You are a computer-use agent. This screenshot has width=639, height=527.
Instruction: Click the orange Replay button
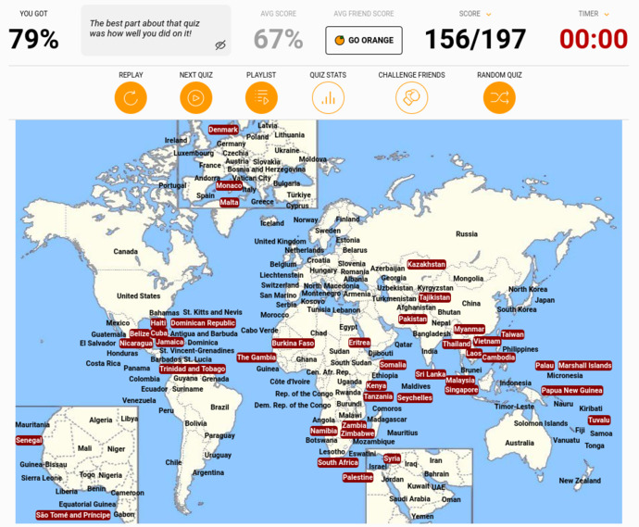[131, 97]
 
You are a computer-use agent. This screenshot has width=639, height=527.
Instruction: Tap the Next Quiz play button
[195, 97]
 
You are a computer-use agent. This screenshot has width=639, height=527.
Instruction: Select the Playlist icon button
[261, 97]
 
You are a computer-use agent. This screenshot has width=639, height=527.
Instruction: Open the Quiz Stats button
[328, 97]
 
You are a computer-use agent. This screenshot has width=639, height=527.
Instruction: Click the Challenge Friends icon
[411, 97]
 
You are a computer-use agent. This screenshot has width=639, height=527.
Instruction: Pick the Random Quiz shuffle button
[499, 97]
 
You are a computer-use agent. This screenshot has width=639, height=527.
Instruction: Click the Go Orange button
[364, 40]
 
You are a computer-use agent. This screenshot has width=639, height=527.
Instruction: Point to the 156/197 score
[475, 39]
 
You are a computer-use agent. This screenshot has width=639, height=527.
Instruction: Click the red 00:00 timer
[594, 39]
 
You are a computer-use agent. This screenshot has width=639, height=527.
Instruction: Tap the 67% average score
[278, 39]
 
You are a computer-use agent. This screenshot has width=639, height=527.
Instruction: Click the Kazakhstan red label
[426, 265]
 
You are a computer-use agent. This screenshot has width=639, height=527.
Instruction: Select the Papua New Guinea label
[571, 391]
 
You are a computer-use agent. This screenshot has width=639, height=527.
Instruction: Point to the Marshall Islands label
[585, 366]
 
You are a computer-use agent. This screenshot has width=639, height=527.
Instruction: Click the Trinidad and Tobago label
[192, 369]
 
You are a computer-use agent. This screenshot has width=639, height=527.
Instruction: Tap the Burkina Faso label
[293, 344]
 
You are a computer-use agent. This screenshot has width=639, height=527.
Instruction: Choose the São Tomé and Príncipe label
[72, 515]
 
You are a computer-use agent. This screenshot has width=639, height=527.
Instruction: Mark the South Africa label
[338, 462]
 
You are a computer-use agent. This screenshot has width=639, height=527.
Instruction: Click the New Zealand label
[580, 481]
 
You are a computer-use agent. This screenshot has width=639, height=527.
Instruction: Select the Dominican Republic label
[203, 323]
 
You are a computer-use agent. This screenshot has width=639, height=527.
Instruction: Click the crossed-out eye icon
[220, 44]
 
